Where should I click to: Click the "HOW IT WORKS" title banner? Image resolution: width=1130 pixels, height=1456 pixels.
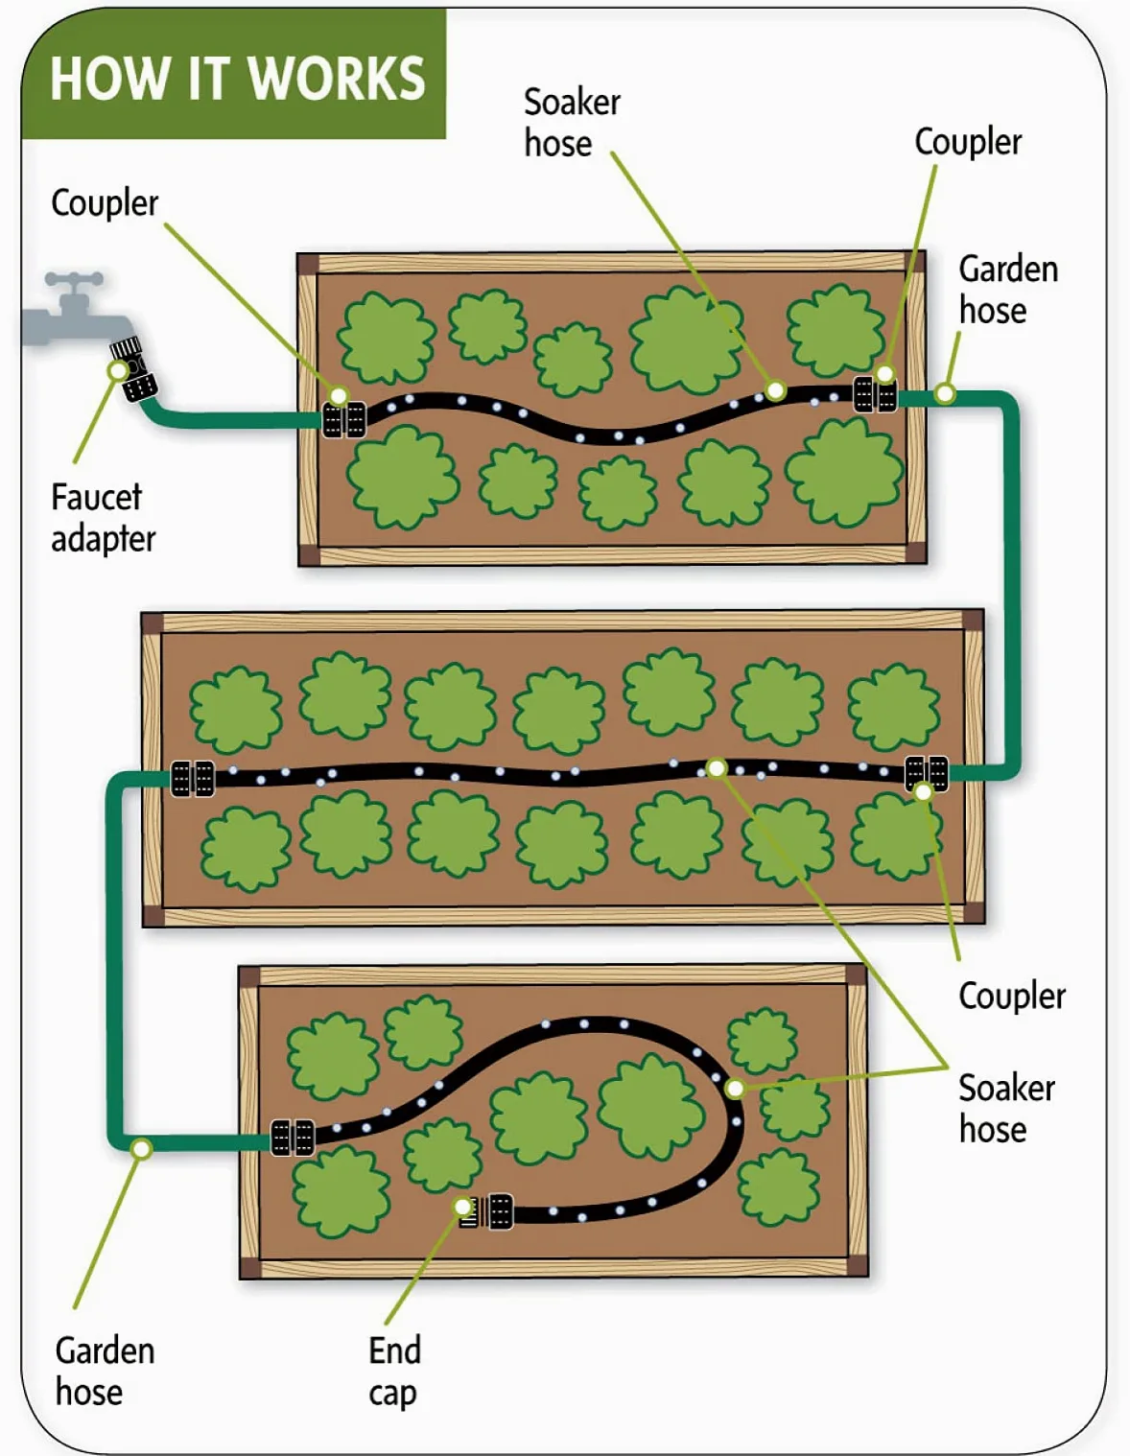point(234,75)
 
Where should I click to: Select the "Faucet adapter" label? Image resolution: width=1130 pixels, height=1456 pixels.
point(104,518)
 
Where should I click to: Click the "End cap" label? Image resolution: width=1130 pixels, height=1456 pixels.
point(394,1372)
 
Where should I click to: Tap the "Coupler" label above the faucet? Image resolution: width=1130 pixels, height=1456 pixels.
point(105,203)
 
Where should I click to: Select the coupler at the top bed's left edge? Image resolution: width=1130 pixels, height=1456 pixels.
point(344,420)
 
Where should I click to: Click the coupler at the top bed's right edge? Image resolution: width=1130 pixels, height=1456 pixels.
point(875,394)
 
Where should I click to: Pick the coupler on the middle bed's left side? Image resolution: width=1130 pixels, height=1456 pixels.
point(192,779)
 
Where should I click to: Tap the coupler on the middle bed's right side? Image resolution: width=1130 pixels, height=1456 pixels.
point(927,774)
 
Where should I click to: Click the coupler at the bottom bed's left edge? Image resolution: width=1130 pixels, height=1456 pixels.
point(293,1137)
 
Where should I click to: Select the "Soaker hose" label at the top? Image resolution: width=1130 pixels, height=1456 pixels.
point(572,123)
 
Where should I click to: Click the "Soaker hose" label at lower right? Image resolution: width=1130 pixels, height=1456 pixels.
point(1007,1109)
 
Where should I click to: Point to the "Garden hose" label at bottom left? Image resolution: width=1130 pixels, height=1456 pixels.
point(106,1371)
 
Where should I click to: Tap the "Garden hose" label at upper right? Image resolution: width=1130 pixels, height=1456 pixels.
point(1009,290)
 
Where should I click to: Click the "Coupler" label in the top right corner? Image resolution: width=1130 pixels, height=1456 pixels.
point(968,142)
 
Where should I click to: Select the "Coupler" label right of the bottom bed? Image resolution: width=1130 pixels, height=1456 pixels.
point(1012,997)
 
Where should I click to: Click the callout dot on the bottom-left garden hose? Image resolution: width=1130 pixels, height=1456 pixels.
point(142,1149)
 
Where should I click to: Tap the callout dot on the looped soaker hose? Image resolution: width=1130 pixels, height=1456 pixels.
point(736,1089)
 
